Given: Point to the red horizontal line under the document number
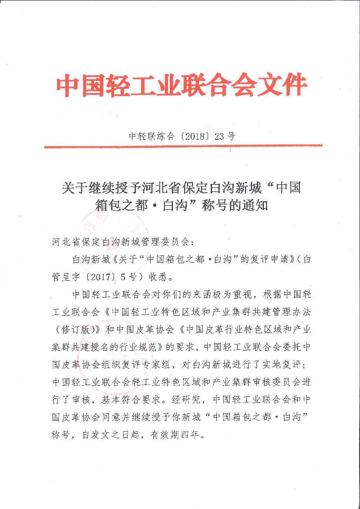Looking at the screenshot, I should (183, 146).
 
